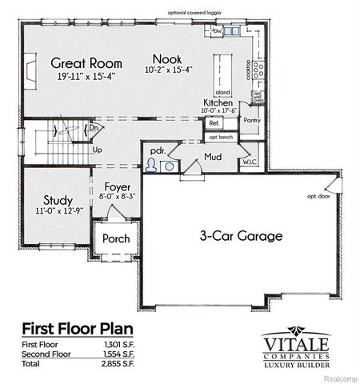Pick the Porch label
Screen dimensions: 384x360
[115, 238]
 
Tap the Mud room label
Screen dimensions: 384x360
[212, 157]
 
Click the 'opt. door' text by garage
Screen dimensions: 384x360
[318, 195]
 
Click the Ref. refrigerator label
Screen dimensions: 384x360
[214, 123]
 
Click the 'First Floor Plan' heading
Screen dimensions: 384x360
[77, 328]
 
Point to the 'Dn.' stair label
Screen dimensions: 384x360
[94, 126]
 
